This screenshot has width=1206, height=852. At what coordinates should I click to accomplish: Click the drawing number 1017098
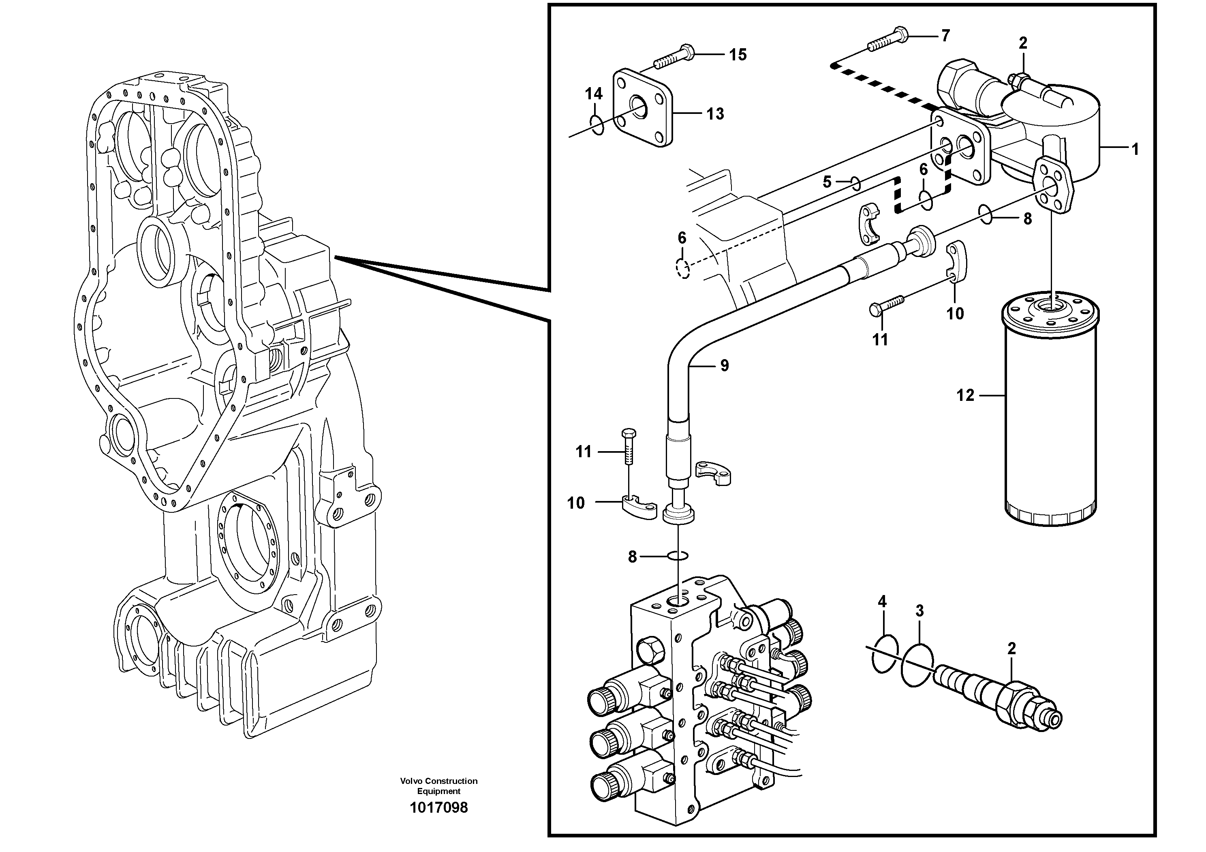pos(438,807)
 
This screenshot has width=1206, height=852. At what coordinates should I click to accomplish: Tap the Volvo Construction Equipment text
pos(438,786)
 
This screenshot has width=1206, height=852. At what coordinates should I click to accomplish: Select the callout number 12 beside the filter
pos(965,395)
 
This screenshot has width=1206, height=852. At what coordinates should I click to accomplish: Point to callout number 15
pos(738,55)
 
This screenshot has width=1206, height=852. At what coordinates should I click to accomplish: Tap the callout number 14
pos(594,94)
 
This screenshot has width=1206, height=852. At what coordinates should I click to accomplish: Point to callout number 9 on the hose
pos(724,366)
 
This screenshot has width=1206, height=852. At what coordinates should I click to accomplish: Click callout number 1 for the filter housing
pos(1135,149)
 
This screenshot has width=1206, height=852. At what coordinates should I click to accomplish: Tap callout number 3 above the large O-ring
pos(919,610)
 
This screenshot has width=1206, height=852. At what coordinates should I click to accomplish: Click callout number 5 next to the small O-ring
pos(827,182)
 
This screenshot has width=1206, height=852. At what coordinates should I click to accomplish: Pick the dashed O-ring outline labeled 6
pos(683,269)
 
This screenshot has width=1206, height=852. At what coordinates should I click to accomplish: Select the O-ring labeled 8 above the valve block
pos(678,556)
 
